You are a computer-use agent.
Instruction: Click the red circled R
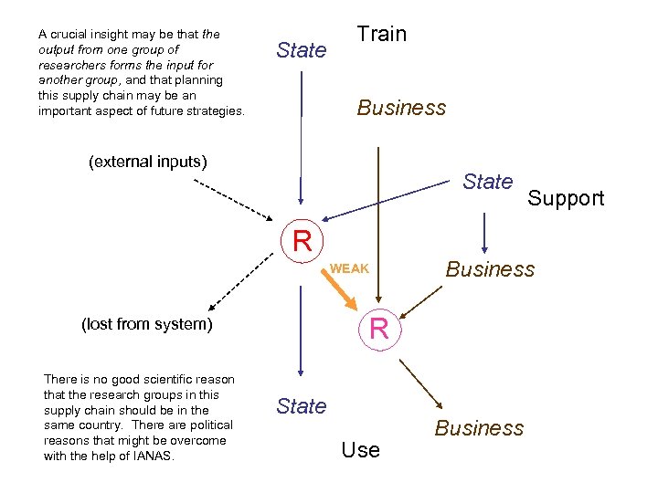[302, 241]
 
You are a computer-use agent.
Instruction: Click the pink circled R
[379, 328]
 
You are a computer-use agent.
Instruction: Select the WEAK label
[349, 268]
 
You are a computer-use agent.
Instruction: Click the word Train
[381, 35]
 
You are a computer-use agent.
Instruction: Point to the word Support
[566, 198]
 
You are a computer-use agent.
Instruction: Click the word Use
[360, 449]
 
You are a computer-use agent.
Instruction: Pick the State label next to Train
[301, 51]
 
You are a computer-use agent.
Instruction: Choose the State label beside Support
[487, 182]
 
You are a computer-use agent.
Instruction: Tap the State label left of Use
[301, 406]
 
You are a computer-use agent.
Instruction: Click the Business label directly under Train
[401, 108]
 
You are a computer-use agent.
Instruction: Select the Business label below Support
[490, 269]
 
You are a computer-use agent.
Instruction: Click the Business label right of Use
[479, 428]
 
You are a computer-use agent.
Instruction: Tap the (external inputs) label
[148, 163]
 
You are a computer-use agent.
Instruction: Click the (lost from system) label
[147, 323]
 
